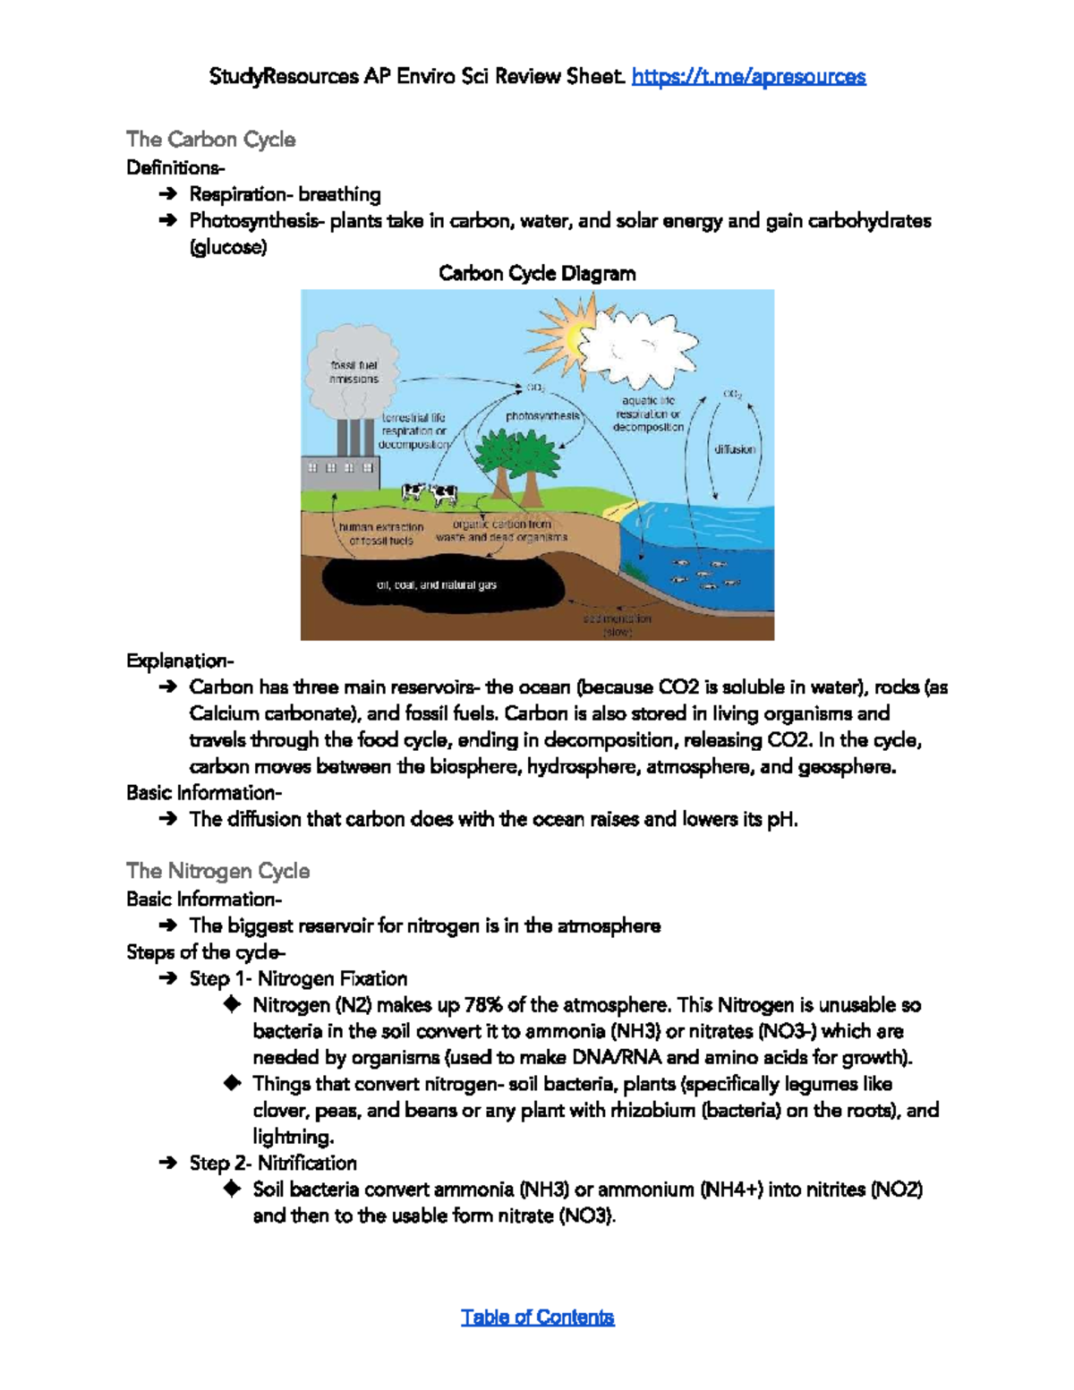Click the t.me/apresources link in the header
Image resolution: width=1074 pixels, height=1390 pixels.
pyautogui.click(x=748, y=77)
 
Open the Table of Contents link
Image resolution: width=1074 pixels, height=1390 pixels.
pyautogui.click(x=537, y=1317)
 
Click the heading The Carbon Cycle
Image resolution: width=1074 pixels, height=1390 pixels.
pyautogui.click(x=210, y=140)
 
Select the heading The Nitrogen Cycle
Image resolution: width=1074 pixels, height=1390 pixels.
pyautogui.click(x=217, y=871)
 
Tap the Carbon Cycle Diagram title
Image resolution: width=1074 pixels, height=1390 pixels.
pyautogui.click(x=537, y=274)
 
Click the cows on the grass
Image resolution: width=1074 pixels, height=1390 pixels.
pyautogui.click(x=430, y=493)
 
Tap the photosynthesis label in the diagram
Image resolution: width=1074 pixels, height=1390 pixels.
pyautogui.click(x=542, y=416)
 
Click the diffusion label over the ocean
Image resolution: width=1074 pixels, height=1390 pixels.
pyautogui.click(x=735, y=449)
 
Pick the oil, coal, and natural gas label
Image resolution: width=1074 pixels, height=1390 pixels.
pyautogui.click(x=436, y=585)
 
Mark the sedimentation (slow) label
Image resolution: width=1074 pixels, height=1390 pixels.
pyautogui.click(x=618, y=625)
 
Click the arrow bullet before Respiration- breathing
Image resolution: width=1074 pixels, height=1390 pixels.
pyautogui.click(x=167, y=194)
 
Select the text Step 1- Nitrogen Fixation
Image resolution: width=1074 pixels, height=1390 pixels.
pyautogui.click(x=298, y=978)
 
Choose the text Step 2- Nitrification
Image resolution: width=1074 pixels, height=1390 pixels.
pyautogui.click(x=273, y=1163)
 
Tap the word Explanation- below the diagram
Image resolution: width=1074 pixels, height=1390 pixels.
pyautogui.click(x=180, y=661)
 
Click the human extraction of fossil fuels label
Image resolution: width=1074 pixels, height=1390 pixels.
pyautogui.click(x=381, y=534)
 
